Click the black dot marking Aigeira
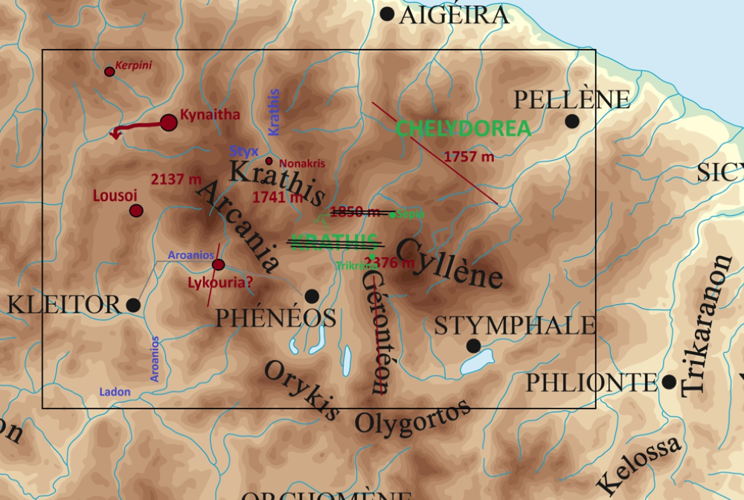(387, 13)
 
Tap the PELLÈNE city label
(571, 100)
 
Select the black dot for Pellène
(572, 121)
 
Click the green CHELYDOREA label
(463, 128)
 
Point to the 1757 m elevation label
(469, 156)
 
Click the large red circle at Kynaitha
(169, 123)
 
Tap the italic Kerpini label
(133, 65)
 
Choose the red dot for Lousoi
(136, 211)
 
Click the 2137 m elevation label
(176, 179)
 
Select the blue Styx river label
(244, 151)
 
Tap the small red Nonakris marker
(269, 161)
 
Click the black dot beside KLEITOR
(133, 305)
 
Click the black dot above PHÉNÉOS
(312, 296)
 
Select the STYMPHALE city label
(515, 326)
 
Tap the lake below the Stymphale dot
(477, 362)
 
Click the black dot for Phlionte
(669, 382)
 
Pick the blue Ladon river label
(115, 392)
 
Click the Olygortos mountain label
(412, 417)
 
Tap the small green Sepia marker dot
(393, 215)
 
